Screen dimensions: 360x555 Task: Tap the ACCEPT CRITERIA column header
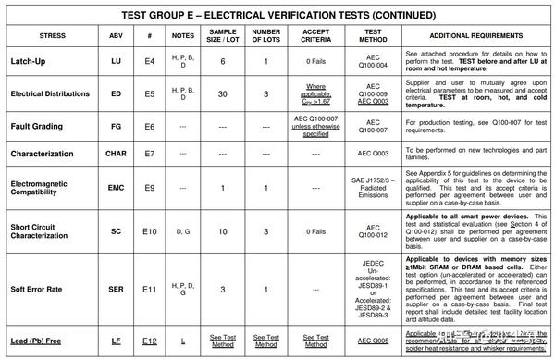316,35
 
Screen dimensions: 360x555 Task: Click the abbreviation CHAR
116,152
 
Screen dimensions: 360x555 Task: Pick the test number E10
149,230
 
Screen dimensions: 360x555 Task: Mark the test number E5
149,93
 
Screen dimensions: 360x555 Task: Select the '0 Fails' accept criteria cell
316,61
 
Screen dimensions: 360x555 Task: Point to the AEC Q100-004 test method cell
365,61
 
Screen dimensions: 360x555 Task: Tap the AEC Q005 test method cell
365,342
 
